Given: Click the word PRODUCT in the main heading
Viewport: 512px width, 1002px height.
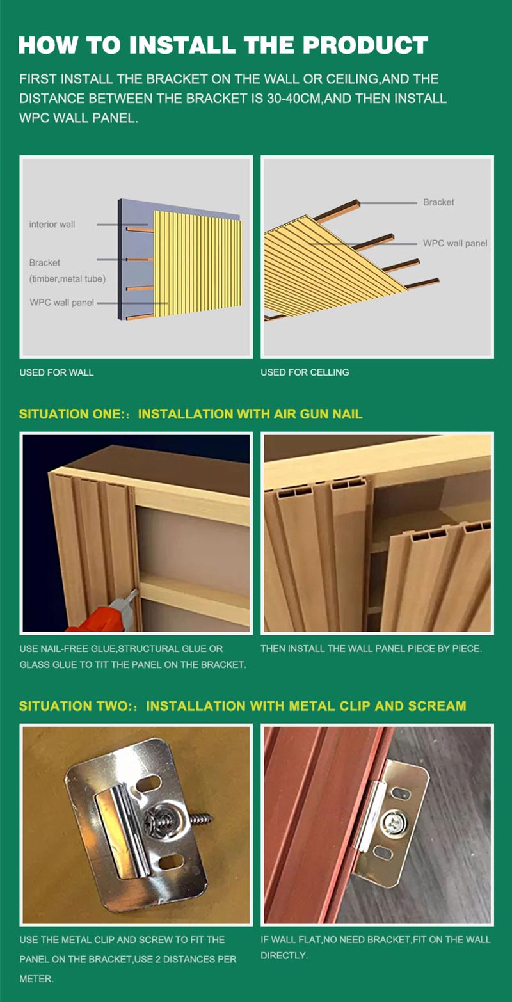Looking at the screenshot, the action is (365, 45).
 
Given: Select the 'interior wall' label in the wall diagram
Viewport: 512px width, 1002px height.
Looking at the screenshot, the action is (52, 224).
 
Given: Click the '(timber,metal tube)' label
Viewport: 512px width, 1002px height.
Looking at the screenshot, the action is (68, 279).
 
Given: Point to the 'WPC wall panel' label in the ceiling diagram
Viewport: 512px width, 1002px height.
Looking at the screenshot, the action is (455, 243).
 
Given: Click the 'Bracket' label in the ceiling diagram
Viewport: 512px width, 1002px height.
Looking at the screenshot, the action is (438, 202).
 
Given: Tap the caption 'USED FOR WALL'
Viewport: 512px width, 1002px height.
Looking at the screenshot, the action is (56, 372).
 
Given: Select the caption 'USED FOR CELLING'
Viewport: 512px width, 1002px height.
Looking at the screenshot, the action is (305, 372).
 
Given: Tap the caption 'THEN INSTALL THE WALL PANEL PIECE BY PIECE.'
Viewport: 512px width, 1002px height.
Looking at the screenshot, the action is (371, 648).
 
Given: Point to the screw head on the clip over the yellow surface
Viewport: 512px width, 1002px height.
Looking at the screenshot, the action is (157, 820).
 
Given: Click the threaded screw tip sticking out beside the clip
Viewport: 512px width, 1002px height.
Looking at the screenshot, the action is (201, 819).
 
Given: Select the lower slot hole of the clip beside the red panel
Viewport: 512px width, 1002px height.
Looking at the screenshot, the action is (383, 852).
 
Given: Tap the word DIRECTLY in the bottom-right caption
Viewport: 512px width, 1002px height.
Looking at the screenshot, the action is (283, 955).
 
